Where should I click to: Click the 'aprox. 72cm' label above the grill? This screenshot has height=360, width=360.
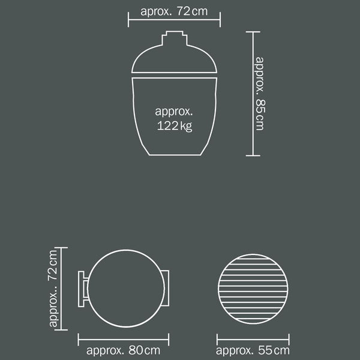(174, 11)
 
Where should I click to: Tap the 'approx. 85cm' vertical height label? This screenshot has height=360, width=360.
(260, 94)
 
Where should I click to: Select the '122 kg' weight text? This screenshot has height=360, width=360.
(175, 126)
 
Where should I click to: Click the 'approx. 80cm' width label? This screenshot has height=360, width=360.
(123, 350)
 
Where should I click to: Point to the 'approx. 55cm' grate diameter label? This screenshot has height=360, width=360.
(253, 350)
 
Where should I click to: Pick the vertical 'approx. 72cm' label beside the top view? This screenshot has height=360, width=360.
(53, 289)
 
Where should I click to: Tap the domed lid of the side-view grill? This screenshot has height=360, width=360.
(174, 59)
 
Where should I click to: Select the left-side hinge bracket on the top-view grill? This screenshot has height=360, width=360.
(83, 289)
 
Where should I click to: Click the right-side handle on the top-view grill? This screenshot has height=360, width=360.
(166, 288)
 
